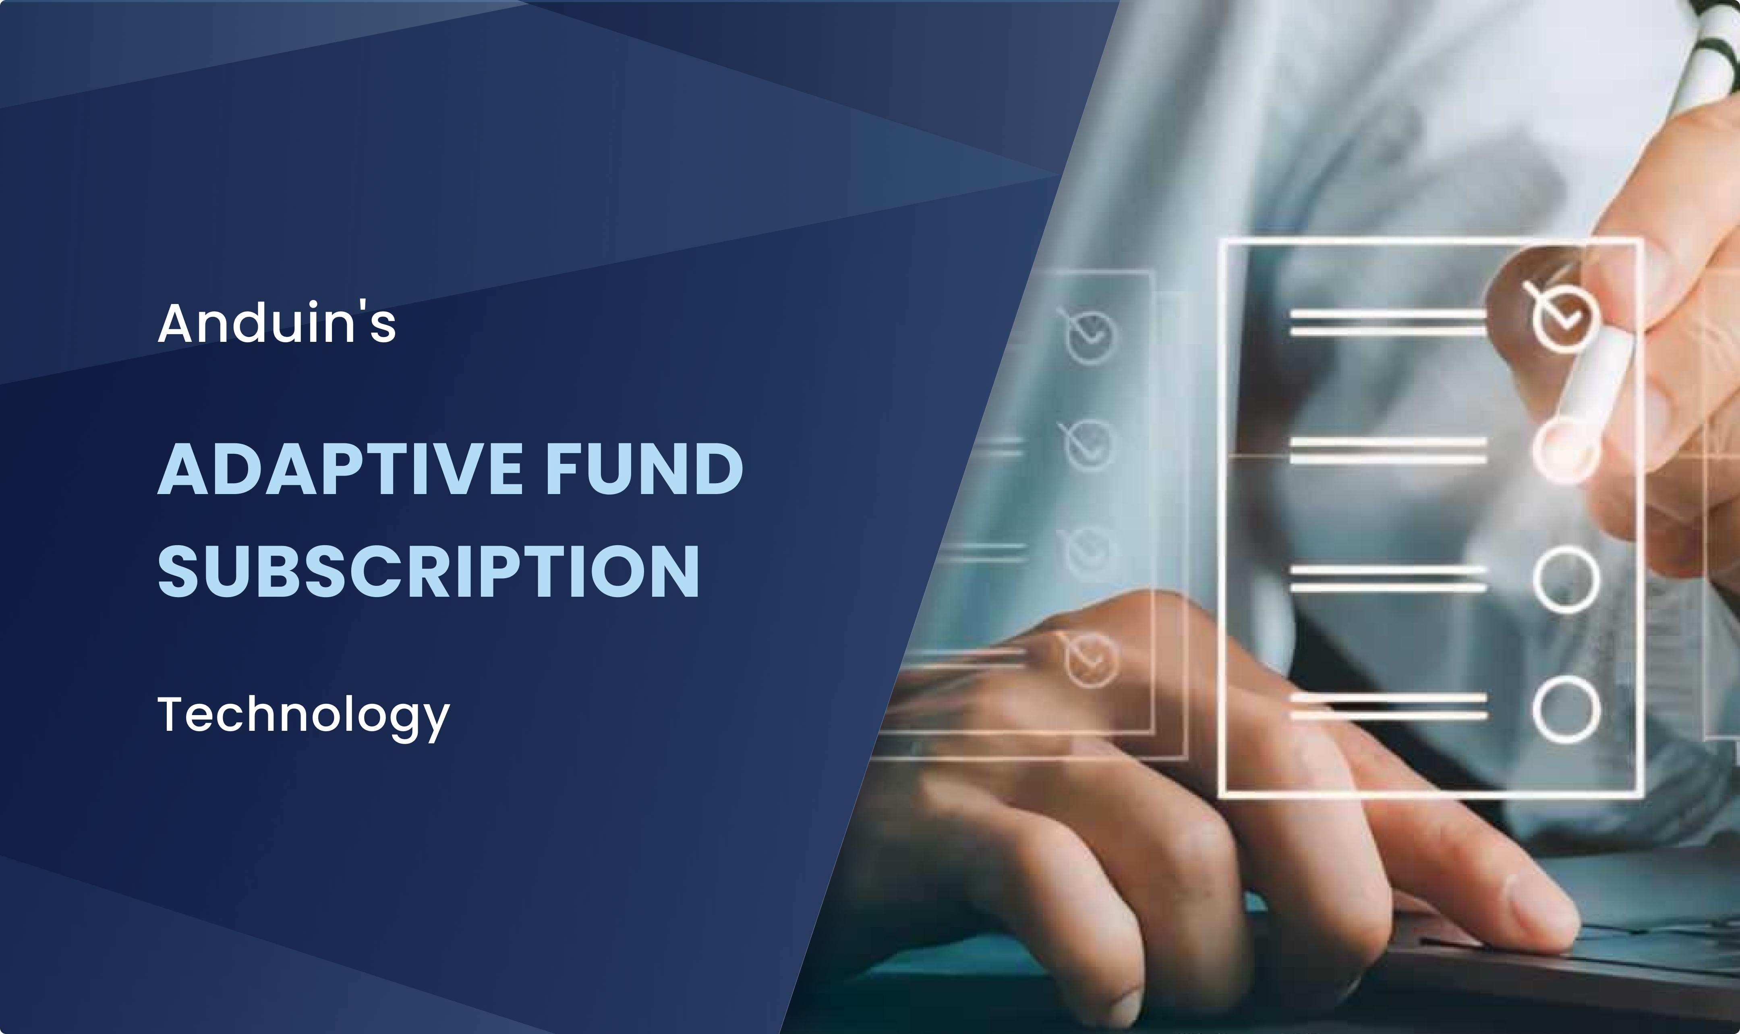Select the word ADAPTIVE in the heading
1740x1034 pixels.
(340, 469)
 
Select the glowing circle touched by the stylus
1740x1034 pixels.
(1564, 451)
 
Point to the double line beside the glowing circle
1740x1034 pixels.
(1387, 451)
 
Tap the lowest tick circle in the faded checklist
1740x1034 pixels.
(1091, 658)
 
